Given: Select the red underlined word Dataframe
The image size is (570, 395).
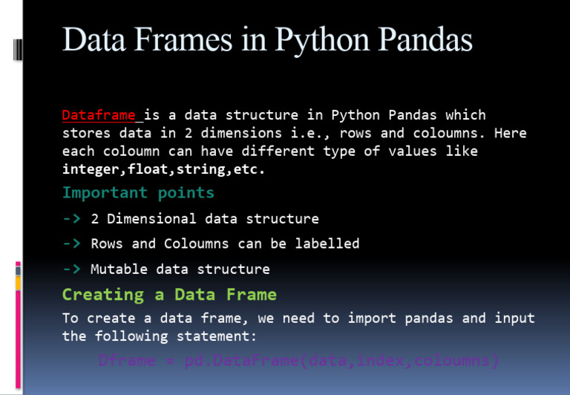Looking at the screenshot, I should [99, 115].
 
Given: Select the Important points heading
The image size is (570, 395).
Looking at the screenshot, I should [138, 193].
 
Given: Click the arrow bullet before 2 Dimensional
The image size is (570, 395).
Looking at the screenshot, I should [71, 219].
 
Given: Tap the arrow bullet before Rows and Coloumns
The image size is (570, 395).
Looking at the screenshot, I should [71, 244].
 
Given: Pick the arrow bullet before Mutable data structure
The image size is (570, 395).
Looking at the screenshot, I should [71, 269].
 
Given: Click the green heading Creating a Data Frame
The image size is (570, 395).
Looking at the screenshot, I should [169, 295].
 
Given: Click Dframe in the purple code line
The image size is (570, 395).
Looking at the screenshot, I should [127, 362].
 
